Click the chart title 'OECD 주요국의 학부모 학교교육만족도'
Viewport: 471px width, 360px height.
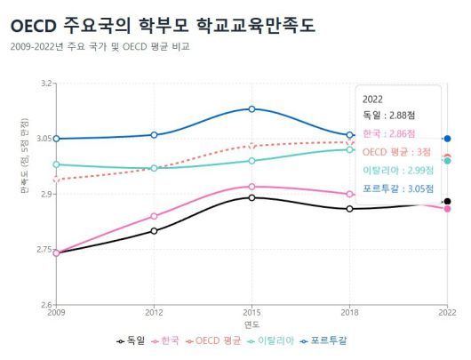click(163, 26)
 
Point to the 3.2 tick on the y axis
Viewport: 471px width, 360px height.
click(44, 84)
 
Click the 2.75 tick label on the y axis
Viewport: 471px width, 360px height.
click(43, 250)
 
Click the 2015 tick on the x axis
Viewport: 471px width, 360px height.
click(251, 313)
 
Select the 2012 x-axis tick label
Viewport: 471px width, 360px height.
click(154, 313)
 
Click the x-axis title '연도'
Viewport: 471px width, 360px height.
click(251, 324)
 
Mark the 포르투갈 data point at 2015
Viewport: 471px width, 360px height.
click(251, 108)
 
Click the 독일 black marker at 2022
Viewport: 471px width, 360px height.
click(447, 202)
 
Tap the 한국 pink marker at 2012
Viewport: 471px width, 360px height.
click(154, 216)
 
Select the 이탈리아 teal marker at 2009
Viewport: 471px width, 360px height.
click(56, 164)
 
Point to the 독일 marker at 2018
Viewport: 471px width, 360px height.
click(349, 209)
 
